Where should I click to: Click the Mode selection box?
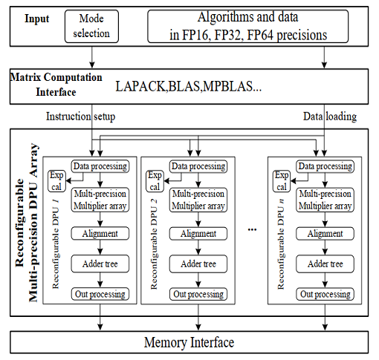[91, 26]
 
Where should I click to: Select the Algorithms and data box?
[248, 26]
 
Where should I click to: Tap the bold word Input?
[37, 19]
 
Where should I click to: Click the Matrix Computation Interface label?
[56, 85]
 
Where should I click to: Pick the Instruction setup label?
[81, 117]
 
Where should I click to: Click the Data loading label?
[330, 117]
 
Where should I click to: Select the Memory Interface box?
[189, 342]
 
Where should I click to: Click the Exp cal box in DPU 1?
[56, 181]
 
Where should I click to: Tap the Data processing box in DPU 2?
[198, 166]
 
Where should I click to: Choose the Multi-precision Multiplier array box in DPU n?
[325, 200]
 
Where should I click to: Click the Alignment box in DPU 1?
[100, 233]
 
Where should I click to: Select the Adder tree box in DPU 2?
[198, 264]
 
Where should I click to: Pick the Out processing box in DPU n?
[325, 294]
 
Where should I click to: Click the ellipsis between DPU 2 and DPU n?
[252, 230]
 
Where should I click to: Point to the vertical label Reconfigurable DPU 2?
[154, 244]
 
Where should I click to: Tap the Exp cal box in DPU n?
[282, 181]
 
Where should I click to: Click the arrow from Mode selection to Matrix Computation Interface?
[92, 57]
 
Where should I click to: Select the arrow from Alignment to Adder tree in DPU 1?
[100, 247]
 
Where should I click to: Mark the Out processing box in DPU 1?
[100, 294]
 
